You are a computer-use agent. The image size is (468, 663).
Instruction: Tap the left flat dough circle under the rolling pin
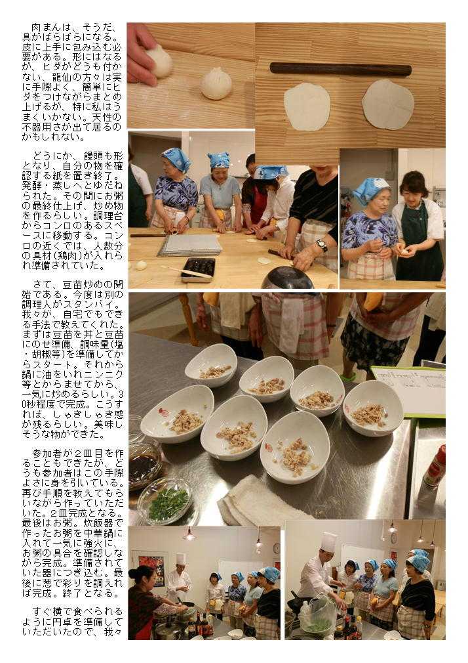point(307,106)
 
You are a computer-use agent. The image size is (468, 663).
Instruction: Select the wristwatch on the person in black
point(322,246)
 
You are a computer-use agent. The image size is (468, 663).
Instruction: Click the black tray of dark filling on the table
point(199,268)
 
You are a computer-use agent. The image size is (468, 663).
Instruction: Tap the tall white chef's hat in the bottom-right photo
point(328,542)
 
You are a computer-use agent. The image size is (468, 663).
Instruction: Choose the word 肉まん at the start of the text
point(47,28)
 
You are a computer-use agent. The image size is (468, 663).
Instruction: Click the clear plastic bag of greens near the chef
point(318,618)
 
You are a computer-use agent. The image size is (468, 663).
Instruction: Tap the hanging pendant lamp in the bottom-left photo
point(189,535)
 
